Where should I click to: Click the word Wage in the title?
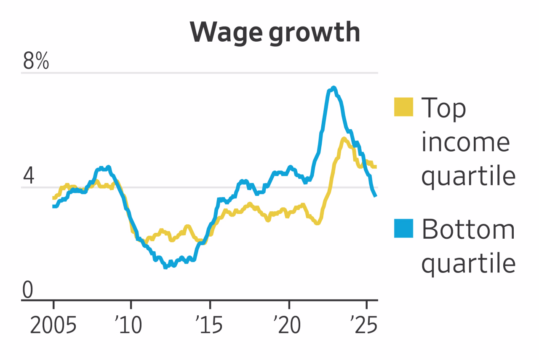point(226,32)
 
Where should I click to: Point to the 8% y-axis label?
point(36,62)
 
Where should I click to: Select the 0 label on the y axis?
point(28,291)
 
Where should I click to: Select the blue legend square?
point(403,229)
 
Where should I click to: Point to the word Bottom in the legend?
point(468,229)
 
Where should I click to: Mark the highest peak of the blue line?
point(333,88)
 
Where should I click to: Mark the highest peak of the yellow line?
point(344,139)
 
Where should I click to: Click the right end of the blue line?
point(375,195)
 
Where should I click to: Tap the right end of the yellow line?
point(375,167)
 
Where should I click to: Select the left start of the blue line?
point(53,206)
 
